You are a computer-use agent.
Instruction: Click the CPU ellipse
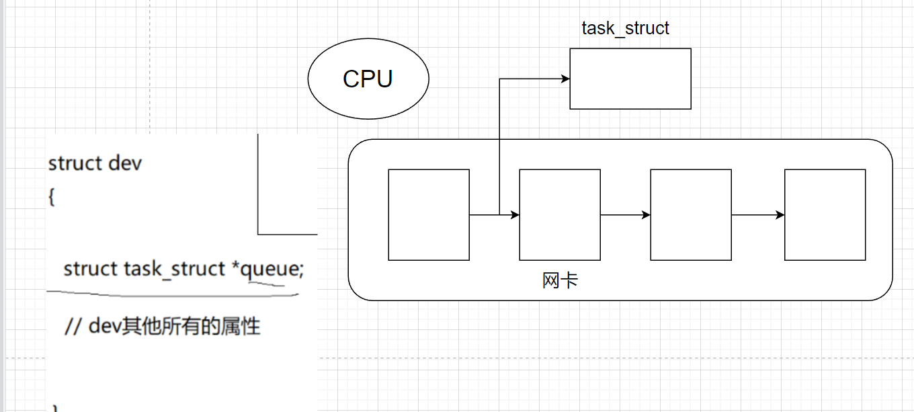pos(368,79)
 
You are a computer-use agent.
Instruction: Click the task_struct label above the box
pos(625,28)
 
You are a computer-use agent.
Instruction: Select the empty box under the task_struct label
pos(630,79)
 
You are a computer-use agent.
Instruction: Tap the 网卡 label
pos(560,280)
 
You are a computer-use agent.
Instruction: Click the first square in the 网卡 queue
pos(428,215)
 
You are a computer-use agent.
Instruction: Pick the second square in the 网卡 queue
pos(560,215)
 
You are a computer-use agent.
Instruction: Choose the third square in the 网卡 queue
pos(691,215)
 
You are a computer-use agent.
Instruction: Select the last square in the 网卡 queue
pos(825,215)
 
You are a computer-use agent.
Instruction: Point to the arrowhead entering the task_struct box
pos(565,79)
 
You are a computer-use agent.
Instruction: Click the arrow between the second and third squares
pos(625,215)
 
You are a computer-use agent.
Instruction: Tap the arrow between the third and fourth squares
pos(758,215)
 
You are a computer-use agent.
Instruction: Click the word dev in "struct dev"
pos(125,163)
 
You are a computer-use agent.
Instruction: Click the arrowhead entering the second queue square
pos(515,215)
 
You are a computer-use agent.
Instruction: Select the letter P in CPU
pos(368,79)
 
